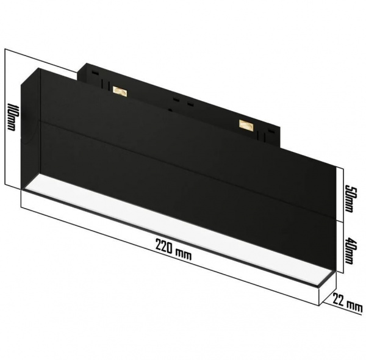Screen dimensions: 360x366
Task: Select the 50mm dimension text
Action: (348, 198)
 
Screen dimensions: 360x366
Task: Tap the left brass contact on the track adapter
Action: (120, 92)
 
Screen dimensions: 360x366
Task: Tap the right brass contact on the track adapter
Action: (246, 125)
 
